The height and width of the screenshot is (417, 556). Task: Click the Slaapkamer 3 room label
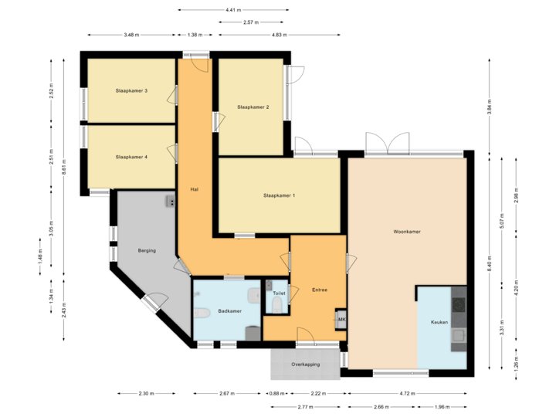point(131,91)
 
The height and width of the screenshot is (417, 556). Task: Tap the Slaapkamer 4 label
point(131,157)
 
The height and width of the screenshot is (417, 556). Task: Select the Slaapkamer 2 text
point(253,107)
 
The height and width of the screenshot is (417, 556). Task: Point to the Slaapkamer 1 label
point(279,195)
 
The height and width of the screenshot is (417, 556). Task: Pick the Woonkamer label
point(406,231)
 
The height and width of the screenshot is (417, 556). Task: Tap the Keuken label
point(439,322)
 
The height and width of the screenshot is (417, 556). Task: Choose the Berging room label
point(147,251)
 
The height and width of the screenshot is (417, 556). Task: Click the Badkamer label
point(230,311)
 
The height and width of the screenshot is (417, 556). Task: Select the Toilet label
point(280,294)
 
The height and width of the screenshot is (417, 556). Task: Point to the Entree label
point(320,290)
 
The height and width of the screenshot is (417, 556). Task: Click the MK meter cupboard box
point(341,319)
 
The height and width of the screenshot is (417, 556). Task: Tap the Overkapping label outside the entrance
point(306,364)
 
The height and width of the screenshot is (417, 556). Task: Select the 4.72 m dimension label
point(406,394)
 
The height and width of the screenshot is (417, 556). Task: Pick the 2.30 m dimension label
point(147,394)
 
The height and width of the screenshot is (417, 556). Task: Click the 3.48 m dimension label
point(131,35)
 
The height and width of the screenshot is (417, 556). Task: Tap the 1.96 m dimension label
point(440,407)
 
